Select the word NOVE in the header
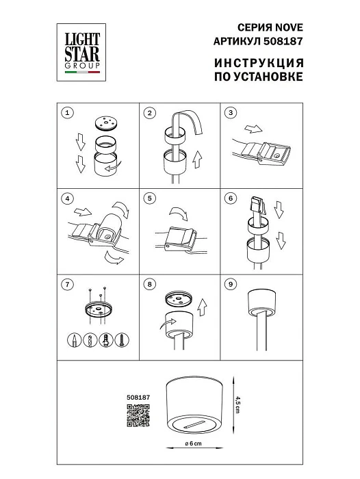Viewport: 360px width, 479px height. [x=288, y=27]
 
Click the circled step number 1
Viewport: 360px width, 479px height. [x=66, y=113]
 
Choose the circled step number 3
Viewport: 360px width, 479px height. [x=231, y=113]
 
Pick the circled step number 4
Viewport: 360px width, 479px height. [x=66, y=199]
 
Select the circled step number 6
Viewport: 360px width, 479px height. [x=231, y=199]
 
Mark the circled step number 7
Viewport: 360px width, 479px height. [x=66, y=283]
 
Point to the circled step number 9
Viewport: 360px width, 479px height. [x=231, y=283]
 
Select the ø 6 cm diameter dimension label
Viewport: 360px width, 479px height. [x=192, y=445]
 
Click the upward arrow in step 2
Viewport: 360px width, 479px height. [x=197, y=161]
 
